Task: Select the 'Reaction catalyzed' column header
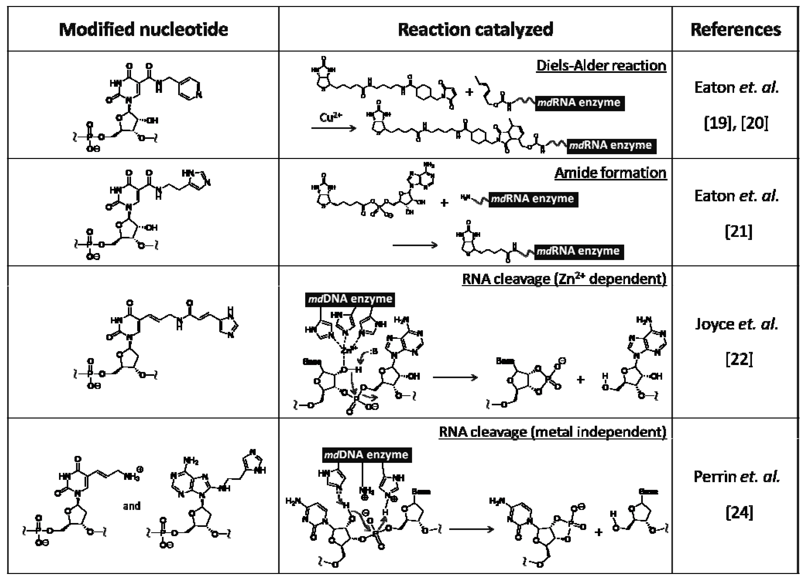tap(475, 29)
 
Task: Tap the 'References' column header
tap(736, 29)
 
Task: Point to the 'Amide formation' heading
tap(610, 173)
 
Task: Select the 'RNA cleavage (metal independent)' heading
tap(552, 432)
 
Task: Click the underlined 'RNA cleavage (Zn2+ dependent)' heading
tap(564, 279)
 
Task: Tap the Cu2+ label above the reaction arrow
tap(331, 117)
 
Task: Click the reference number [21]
tap(738, 232)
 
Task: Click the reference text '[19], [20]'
tap(736, 123)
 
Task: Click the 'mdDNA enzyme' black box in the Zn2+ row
tap(350, 299)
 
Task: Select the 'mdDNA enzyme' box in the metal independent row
tap(367, 454)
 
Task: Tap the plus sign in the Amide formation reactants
tap(444, 203)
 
